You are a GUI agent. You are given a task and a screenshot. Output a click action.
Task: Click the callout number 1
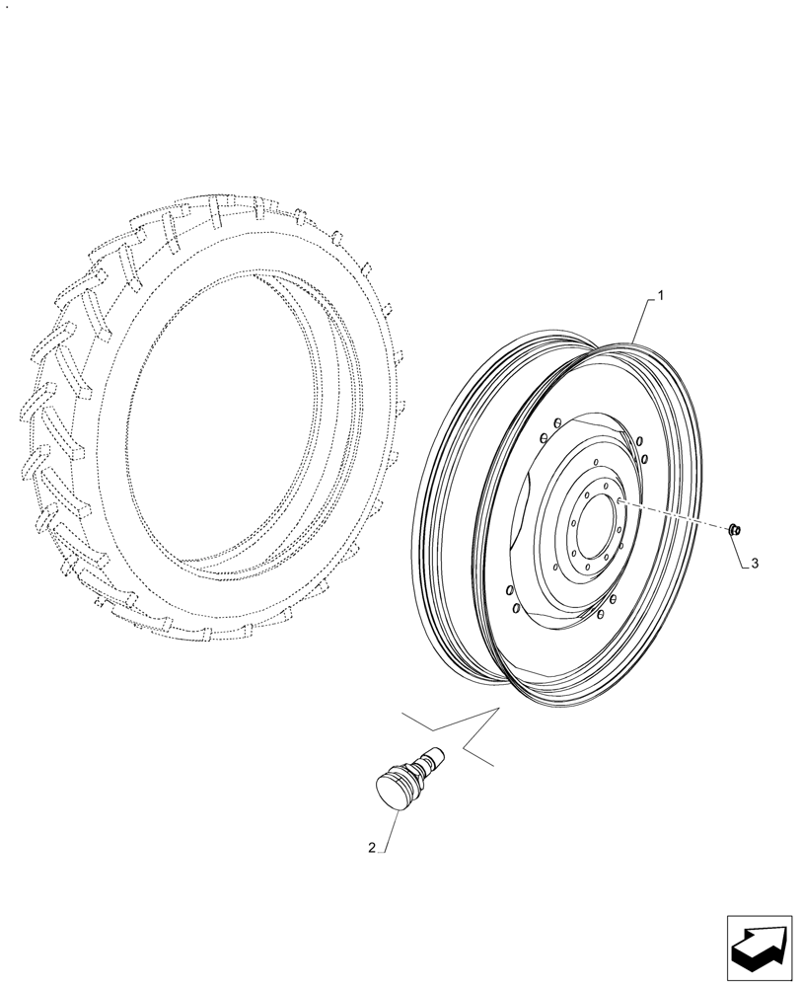click(660, 294)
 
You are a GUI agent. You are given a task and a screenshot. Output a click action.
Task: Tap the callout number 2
click(371, 847)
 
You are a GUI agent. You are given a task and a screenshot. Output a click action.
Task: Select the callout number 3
click(754, 564)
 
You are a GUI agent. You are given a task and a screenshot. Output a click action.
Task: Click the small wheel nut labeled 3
click(734, 531)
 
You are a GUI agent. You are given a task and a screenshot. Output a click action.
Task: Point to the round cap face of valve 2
click(394, 792)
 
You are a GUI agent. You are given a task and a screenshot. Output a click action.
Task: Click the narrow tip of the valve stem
click(436, 757)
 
